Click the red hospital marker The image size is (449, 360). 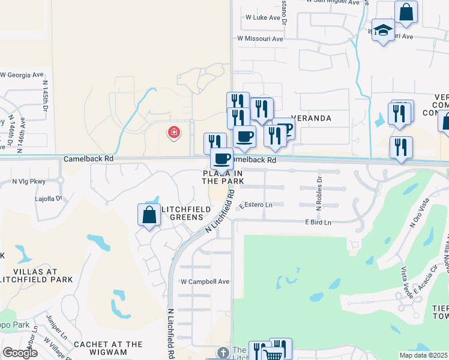pyautogui.click(x=174, y=132)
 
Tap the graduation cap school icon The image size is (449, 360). pyautogui.click(x=382, y=30)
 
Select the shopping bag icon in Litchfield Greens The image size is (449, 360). pyautogui.click(x=149, y=215)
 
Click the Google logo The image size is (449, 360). pyautogui.click(x=20, y=353)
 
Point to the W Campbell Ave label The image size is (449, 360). pyautogui.click(x=205, y=281)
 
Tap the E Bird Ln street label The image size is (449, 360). pyautogui.click(x=318, y=223)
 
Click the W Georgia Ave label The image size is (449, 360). pyautogui.click(x=22, y=75)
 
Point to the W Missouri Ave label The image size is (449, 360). pyautogui.click(x=260, y=38)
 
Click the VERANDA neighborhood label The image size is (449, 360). pyautogui.click(x=311, y=118)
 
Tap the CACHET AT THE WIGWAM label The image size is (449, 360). pyautogui.click(x=108, y=349)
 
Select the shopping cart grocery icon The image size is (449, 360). pyautogui.click(x=273, y=354)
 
